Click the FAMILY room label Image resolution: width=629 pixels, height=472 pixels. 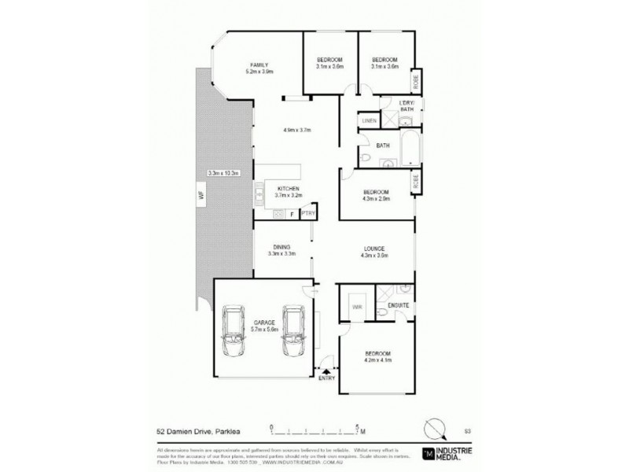pos(259,65)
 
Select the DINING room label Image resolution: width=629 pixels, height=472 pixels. pos(281,247)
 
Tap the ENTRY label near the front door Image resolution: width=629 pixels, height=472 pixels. pos(326,378)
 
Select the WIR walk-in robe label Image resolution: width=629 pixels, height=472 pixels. pos(357,306)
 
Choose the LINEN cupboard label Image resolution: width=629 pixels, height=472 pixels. pos(368,120)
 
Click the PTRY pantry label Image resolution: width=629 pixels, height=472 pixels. pos(308,213)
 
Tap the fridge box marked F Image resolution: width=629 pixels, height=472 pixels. pos(292,213)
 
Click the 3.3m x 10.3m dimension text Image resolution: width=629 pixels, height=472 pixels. pos(223,173)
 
